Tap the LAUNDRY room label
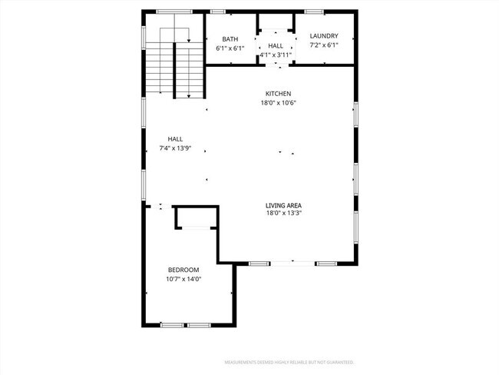coord(323,36)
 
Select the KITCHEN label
coord(278,94)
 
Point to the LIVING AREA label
coord(283,205)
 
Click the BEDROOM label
coord(183,270)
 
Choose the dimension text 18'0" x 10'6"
coord(278,103)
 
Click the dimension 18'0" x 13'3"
coord(283,214)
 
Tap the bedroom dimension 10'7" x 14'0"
coord(183,279)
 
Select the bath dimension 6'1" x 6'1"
coord(230,48)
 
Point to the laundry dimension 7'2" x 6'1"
coord(323,45)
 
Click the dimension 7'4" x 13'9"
coord(175,148)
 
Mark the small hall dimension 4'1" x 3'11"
coord(276,55)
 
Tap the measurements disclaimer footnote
coord(294,362)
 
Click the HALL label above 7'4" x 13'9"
coord(175,138)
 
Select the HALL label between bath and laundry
coord(276,46)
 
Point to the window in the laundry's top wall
coord(313,12)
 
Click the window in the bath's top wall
coord(218,12)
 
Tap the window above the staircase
coord(173,12)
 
